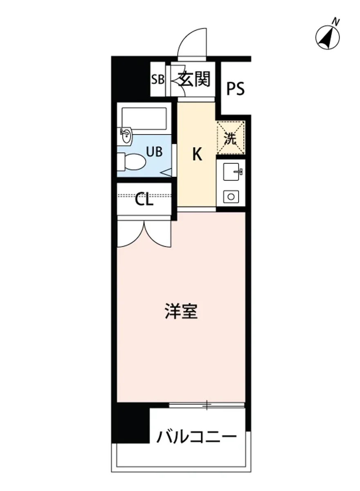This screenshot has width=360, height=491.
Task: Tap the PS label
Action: [x=236, y=89]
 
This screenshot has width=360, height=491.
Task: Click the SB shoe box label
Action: [x=157, y=79]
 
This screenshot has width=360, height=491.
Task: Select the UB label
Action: [x=154, y=152]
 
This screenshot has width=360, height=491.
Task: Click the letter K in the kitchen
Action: [x=197, y=155]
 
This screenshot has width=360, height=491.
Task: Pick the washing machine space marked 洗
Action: [x=231, y=138]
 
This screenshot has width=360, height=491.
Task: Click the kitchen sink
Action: [x=232, y=171]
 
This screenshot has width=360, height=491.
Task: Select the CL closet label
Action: [x=144, y=200]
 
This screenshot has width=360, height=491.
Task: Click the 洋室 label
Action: [x=181, y=312]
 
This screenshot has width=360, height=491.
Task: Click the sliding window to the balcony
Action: [x=207, y=405]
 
